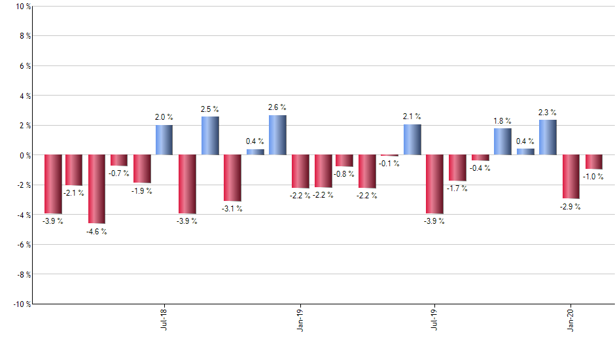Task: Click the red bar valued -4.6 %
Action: click(x=97, y=189)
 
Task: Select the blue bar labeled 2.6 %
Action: click(x=277, y=135)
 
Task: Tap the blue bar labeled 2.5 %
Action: click(x=209, y=136)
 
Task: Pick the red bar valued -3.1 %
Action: click(x=232, y=178)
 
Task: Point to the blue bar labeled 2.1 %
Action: click(x=412, y=139)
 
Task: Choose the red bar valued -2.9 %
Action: click(x=571, y=177)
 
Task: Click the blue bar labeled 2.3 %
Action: click(x=548, y=137)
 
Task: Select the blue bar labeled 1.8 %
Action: click(x=502, y=141)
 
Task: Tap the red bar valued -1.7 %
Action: click(x=457, y=168)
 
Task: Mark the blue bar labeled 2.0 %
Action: click(x=164, y=140)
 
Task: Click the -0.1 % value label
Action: click(x=390, y=164)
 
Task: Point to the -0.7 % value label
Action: click(x=119, y=173)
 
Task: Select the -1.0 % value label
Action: click(x=593, y=177)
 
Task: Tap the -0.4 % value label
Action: click(x=480, y=168)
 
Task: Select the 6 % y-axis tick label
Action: click(x=24, y=66)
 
